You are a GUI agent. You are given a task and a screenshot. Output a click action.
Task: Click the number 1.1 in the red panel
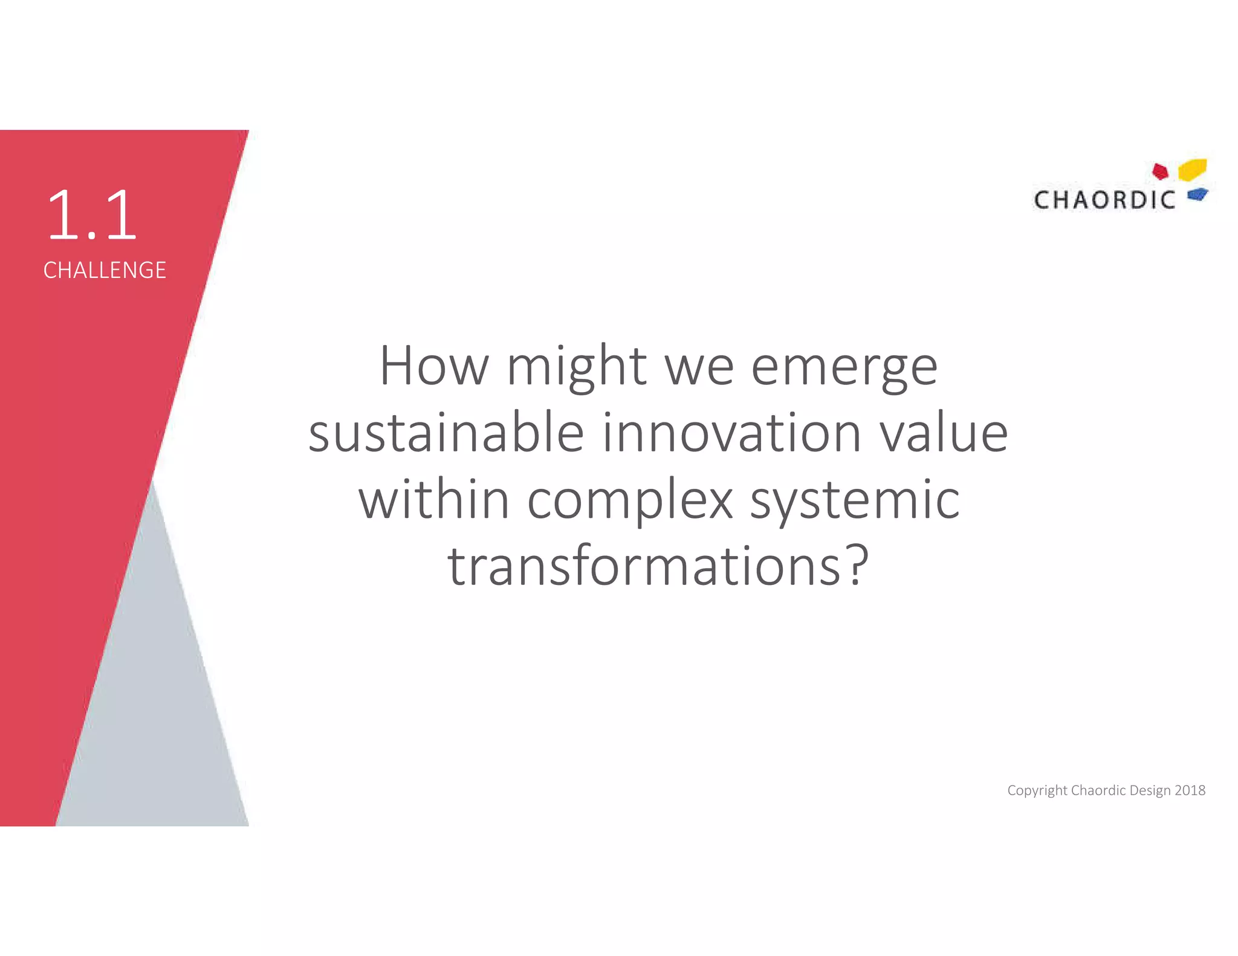[92, 215]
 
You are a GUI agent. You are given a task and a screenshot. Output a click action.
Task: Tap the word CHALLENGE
[105, 270]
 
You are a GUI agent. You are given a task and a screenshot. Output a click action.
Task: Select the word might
[577, 367]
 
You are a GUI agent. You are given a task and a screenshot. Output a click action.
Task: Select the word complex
[630, 502]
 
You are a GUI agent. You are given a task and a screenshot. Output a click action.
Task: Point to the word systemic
[855, 502]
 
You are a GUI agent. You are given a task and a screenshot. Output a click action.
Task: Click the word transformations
[644, 566]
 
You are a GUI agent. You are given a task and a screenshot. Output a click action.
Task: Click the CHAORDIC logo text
[1104, 200]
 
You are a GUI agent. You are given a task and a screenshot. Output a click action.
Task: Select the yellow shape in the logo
[1193, 169]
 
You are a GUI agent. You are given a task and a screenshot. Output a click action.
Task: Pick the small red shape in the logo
[1160, 172]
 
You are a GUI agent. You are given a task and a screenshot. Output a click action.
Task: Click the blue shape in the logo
[1197, 195]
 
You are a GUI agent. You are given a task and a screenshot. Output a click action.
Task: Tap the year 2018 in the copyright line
[1190, 790]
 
